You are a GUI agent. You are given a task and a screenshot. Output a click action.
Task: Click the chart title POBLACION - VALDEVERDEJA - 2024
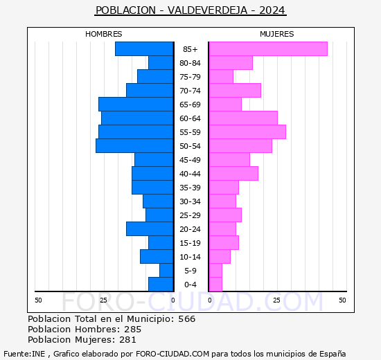pos(190,10)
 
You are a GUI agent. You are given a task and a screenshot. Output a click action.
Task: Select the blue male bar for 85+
pos(144,49)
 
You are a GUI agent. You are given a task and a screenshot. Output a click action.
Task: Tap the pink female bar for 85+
pos(267,49)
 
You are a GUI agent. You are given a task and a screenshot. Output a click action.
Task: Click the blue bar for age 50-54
pos(134,146)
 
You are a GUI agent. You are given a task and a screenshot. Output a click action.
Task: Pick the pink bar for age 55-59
pos(247,132)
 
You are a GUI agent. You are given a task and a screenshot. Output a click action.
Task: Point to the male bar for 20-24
pos(150,229)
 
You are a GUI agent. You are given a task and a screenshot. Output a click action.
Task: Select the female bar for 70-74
pos(234,91)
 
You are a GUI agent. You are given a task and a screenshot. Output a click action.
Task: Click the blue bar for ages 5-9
pos(166,271)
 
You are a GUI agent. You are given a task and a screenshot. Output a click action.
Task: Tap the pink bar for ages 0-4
pos(215,285)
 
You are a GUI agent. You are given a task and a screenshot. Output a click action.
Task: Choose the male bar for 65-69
pos(136,105)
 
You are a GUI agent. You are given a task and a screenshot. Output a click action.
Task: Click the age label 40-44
pos(190,174)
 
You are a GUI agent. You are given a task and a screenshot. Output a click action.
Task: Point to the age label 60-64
pos(190,118)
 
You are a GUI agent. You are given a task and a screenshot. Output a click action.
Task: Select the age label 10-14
pos(190,257)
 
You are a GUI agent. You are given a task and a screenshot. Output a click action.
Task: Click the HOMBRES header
pos(104,34)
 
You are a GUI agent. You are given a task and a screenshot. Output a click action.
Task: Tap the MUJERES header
pos(277,34)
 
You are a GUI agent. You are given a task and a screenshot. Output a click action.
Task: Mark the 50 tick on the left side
pos(38,300)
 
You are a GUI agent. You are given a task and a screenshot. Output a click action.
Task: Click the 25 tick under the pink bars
pos(276,300)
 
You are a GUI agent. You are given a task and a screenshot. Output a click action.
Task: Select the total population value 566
pos(186,319)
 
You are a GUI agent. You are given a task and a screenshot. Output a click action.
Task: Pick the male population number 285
pos(132,330)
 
